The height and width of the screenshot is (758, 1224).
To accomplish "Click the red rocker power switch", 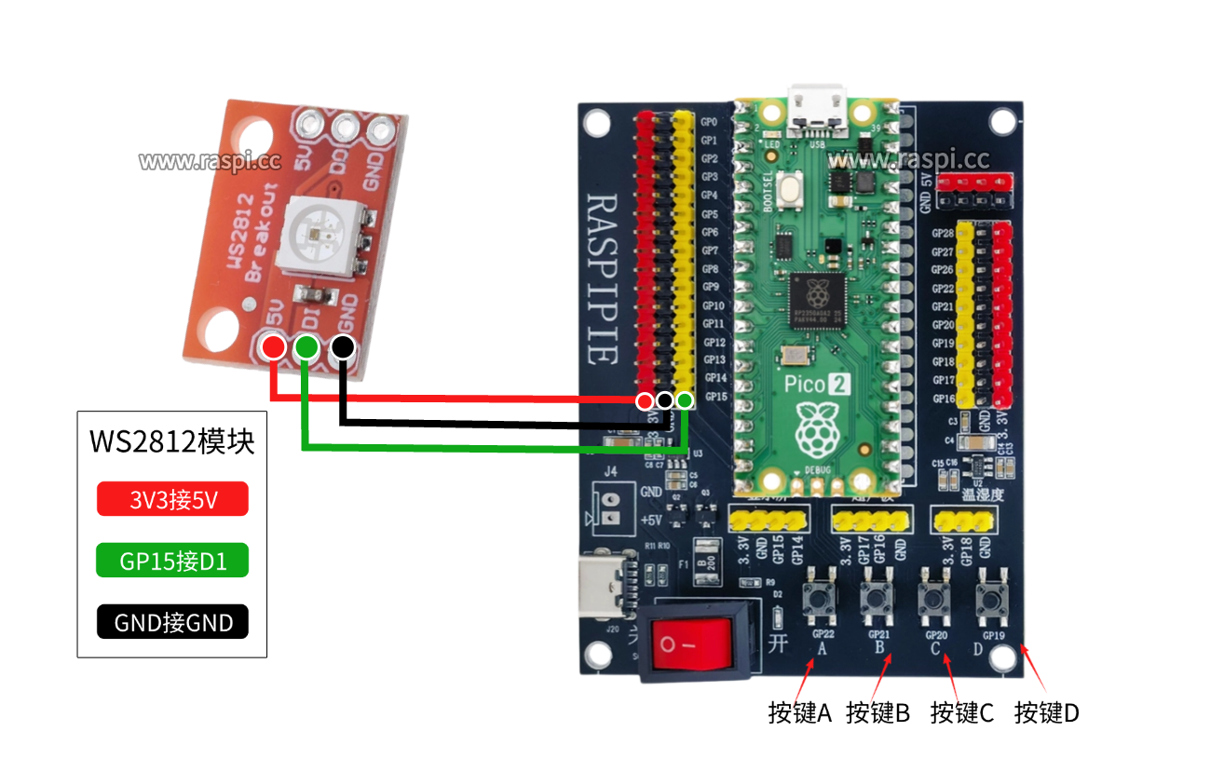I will click(x=691, y=642).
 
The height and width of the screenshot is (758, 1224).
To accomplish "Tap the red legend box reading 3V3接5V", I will click(x=172, y=499).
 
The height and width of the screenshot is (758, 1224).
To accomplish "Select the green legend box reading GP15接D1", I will click(x=172, y=561).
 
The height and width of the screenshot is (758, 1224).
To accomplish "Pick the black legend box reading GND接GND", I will click(x=172, y=622).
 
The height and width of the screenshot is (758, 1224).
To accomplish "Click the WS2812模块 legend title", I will click(x=171, y=440).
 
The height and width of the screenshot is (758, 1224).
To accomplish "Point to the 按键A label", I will click(x=799, y=713).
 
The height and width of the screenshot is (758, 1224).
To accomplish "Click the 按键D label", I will click(x=1047, y=713).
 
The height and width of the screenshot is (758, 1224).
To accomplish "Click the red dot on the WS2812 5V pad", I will click(x=273, y=347).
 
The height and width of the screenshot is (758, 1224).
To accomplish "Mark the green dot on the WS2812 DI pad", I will click(x=306, y=347).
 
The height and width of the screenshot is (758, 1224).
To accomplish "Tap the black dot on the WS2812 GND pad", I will click(x=342, y=347).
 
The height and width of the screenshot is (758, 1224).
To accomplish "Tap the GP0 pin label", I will click(x=709, y=122).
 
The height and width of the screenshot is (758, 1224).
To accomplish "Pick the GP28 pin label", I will click(x=942, y=234).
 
